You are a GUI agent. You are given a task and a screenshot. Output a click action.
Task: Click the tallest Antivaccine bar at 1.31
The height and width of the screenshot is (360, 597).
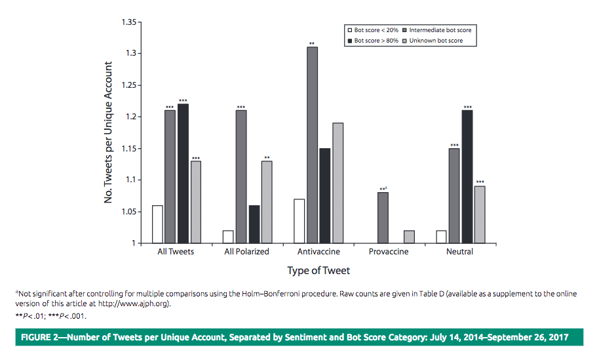pos(313,145)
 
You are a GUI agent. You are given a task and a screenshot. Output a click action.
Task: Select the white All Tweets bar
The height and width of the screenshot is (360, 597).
pos(157,224)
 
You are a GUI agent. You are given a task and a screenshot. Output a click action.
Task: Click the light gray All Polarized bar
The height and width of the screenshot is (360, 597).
pos(267,202)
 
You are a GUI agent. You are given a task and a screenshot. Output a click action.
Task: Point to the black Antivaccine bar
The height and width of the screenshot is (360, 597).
pos(325,195)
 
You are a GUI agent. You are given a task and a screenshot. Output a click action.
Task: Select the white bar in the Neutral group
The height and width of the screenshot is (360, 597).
pos(442,237)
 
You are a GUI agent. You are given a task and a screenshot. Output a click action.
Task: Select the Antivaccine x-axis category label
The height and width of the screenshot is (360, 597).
pos(318,252)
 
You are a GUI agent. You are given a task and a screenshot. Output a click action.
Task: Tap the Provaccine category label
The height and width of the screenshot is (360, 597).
pos(389,252)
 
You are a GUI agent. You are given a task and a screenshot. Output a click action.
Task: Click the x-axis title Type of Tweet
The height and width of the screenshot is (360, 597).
pos(318,271)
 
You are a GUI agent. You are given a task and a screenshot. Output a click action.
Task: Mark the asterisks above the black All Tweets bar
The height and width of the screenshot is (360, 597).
pos(182,101)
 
